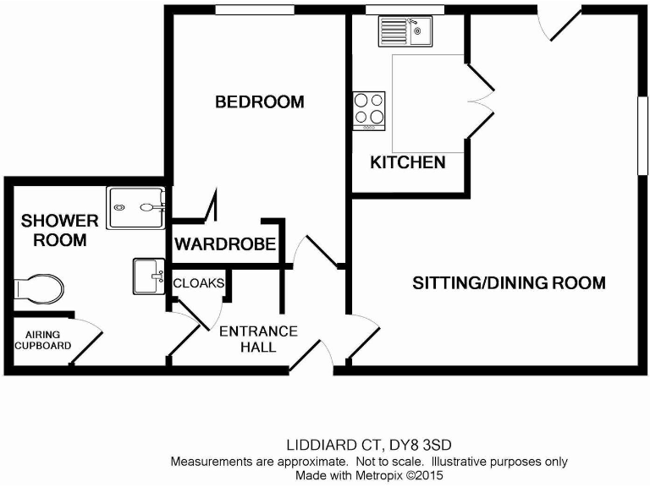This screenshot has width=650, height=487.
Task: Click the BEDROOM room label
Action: tap(259, 102)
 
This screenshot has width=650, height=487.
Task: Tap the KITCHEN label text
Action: tap(408, 162)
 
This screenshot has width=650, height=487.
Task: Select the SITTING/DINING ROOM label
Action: tap(509, 282)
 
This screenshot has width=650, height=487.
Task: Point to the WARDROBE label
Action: tap(225, 245)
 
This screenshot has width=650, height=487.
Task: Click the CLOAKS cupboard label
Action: tap(198, 282)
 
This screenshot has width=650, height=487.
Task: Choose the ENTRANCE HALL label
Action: tap(258, 338)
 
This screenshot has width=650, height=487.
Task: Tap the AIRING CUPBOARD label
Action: tap(47, 340)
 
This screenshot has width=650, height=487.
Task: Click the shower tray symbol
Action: tap(136, 205)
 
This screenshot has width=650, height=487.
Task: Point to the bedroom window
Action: tap(254, 9)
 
